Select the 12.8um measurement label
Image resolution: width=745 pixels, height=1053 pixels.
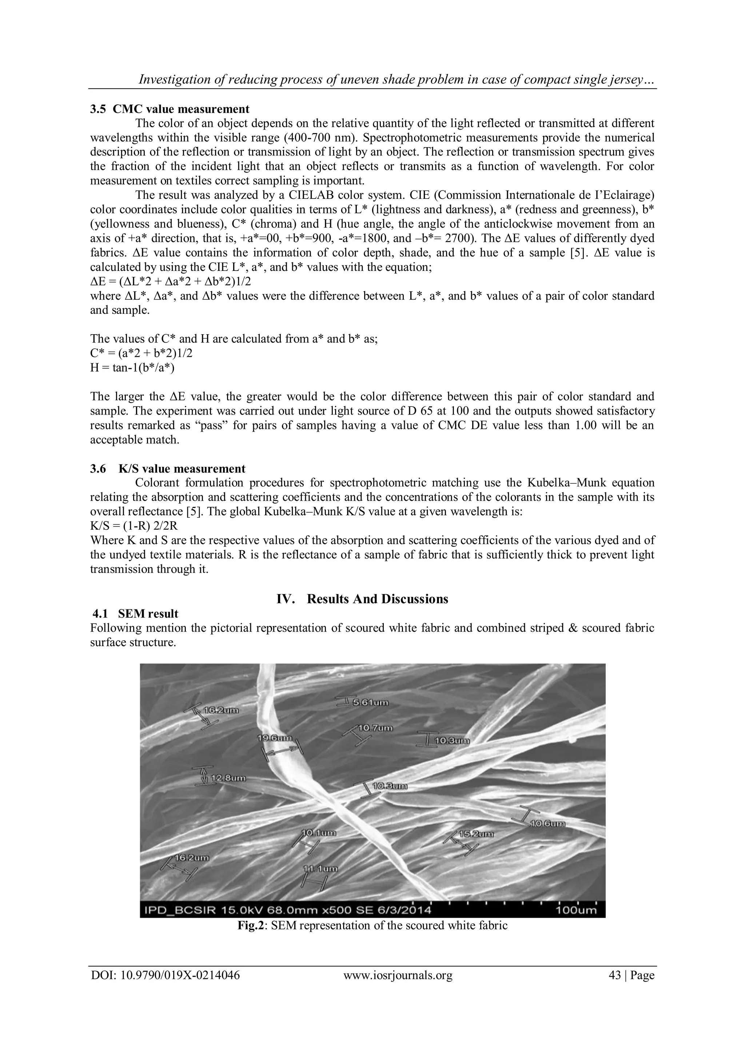tap(228, 778)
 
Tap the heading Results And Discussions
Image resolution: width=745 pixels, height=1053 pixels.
tap(377, 599)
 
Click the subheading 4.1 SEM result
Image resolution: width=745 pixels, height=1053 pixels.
tap(136, 614)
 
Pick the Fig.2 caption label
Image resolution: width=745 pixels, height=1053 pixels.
tap(251, 925)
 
